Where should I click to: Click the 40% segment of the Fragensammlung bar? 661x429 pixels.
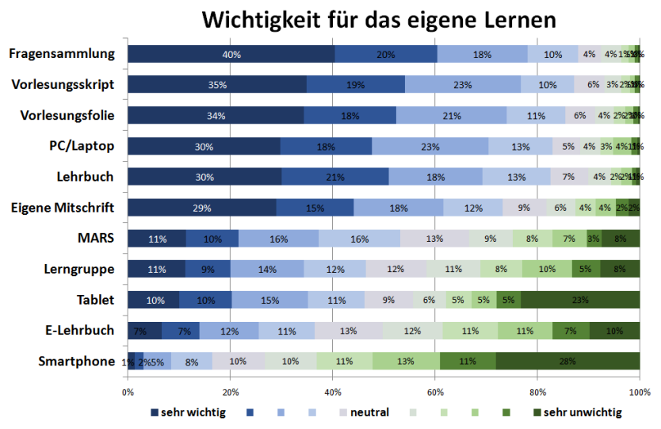(x=231, y=54)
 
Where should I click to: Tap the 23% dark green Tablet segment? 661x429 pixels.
(x=580, y=300)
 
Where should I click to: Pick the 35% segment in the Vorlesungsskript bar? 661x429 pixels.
(x=217, y=85)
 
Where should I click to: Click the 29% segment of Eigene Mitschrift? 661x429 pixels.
(x=201, y=208)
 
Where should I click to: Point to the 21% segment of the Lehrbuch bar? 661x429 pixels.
(x=334, y=177)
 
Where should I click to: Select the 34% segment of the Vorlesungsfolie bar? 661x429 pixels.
(x=216, y=116)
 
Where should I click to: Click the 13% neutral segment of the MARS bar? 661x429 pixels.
(x=434, y=239)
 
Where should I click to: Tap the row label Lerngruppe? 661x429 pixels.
(x=79, y=269)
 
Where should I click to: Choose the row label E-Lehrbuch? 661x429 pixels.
(x=79, y=331)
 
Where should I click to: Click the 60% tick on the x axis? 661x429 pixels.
(x=435, y=392)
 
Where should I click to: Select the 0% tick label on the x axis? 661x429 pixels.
(x=128, y=392)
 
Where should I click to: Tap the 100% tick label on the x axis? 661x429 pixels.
(x=640, y=392)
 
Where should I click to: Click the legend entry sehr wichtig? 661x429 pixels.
(x=189, y=412)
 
